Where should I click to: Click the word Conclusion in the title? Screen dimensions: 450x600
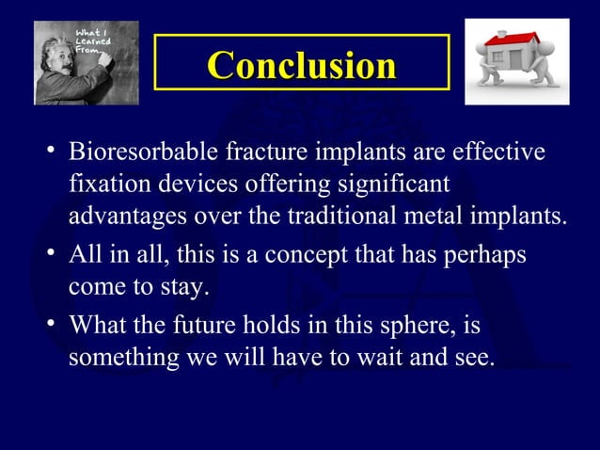coord(301,65)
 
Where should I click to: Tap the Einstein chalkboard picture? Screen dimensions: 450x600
coord(87,62)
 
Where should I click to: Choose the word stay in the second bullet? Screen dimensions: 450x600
coord(186,287)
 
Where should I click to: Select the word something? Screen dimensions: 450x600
coord(116,359)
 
